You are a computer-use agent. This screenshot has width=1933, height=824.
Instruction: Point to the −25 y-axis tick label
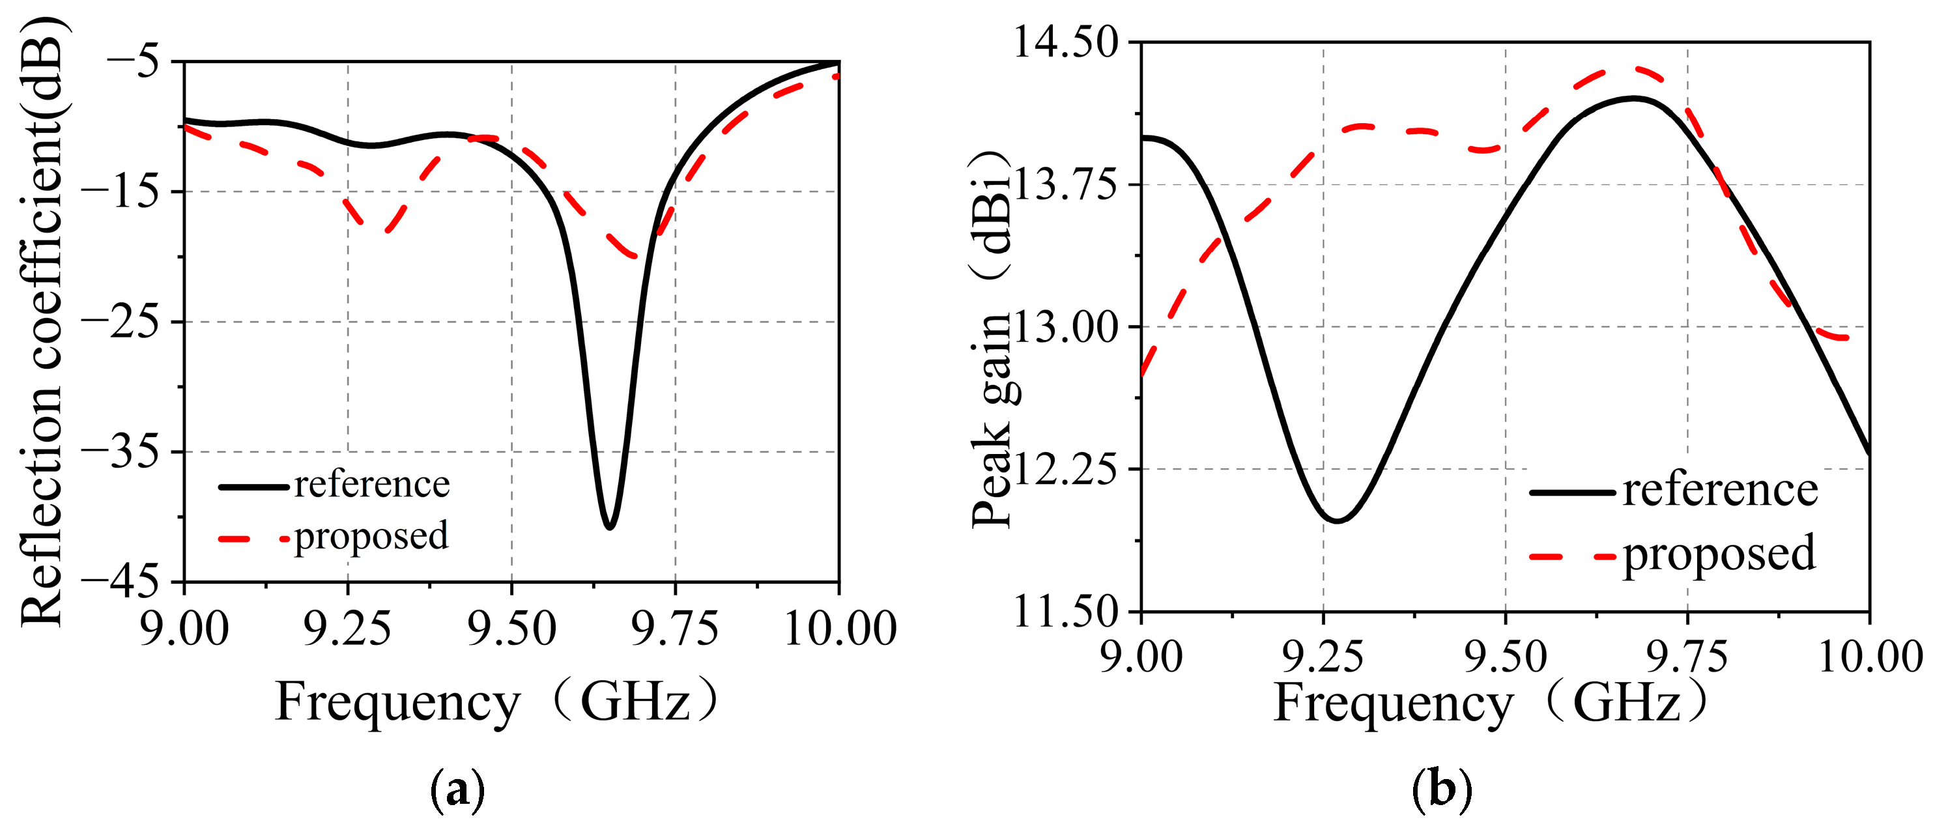(120, 321)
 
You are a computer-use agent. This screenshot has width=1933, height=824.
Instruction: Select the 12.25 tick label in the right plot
(1066, 469)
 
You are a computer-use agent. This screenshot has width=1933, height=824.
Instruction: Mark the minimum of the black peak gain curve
(1336, 519)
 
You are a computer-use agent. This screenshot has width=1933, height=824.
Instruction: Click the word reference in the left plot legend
(371, 485)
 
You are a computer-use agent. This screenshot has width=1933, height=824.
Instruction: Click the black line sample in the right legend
(1572, 492)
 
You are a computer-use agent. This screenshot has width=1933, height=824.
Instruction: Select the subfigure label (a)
(457, 789)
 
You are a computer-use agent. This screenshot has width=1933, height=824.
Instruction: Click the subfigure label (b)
(1442, 789)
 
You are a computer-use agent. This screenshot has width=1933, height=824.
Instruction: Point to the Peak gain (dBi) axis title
(992, 337)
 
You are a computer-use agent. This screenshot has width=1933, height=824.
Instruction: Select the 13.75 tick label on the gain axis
(1066, 184)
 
